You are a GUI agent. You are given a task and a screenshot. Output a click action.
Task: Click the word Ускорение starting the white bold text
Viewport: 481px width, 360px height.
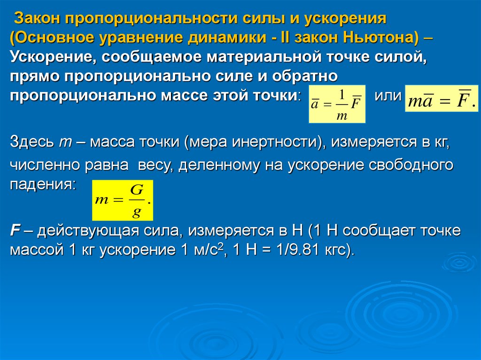(51, 57)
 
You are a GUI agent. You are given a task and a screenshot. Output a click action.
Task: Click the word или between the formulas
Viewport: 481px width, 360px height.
(388, 96)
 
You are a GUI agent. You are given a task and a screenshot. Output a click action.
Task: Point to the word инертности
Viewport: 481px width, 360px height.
(274, 142)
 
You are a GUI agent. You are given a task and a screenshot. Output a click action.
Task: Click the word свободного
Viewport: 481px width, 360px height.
(411, 165)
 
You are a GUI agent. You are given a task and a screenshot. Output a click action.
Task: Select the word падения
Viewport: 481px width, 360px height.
(42, 184)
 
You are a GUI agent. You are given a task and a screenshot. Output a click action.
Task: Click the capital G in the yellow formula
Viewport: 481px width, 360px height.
(137, 190)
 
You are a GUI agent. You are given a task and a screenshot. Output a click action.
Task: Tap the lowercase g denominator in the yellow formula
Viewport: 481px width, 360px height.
(137, 212)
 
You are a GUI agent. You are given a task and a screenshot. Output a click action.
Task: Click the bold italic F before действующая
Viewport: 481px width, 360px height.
(15, 230)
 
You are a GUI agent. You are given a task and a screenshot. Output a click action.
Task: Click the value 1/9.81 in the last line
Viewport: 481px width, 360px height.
(299, 250)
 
